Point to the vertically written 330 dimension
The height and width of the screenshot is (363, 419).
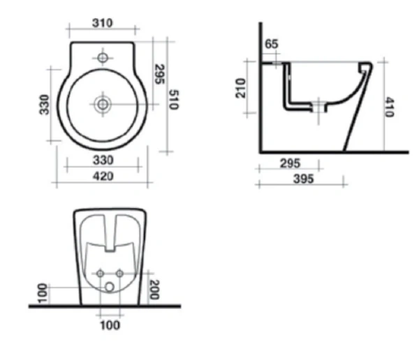[45, 104]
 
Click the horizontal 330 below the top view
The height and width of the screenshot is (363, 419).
[103, 160]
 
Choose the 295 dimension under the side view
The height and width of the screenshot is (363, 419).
[289, 163]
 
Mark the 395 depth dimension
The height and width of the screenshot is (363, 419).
[302, 179]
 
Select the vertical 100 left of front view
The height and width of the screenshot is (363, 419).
[43, 292]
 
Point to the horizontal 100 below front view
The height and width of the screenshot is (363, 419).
[110, 325]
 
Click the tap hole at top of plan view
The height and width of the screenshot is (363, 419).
[103, 57]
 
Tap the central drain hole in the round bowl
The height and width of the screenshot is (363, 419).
[103, 104]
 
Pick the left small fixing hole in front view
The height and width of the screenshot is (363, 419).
[101, 272]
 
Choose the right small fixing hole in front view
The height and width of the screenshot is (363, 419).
[119, 272]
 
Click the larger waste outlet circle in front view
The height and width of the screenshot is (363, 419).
[110, 287]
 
